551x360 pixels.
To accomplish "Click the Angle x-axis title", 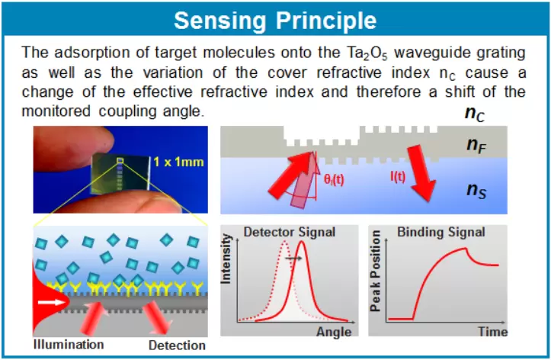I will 334,332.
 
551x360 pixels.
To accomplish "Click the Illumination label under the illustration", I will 69,344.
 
